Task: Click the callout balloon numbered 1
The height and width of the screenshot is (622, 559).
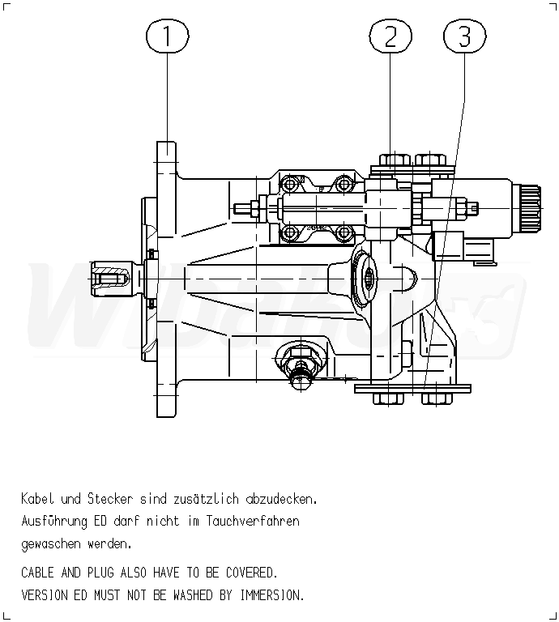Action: click(x=167, y=36)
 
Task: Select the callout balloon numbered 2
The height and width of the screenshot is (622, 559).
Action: click(x=390, y=36)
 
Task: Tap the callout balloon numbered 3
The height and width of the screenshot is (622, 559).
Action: click(x=465, y=36)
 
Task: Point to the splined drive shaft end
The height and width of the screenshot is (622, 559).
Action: click(x=110, y=279)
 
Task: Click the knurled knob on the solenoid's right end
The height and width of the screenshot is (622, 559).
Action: click(x=530, y=207)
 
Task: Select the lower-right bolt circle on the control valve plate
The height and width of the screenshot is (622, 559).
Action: click(x=344, y=233)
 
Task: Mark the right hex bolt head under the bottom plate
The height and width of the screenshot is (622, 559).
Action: click(x=434, y=398)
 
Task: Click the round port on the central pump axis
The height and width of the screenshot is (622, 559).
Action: click(x=369, y=279)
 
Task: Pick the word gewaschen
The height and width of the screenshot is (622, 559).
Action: click(x=50, y=543)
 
